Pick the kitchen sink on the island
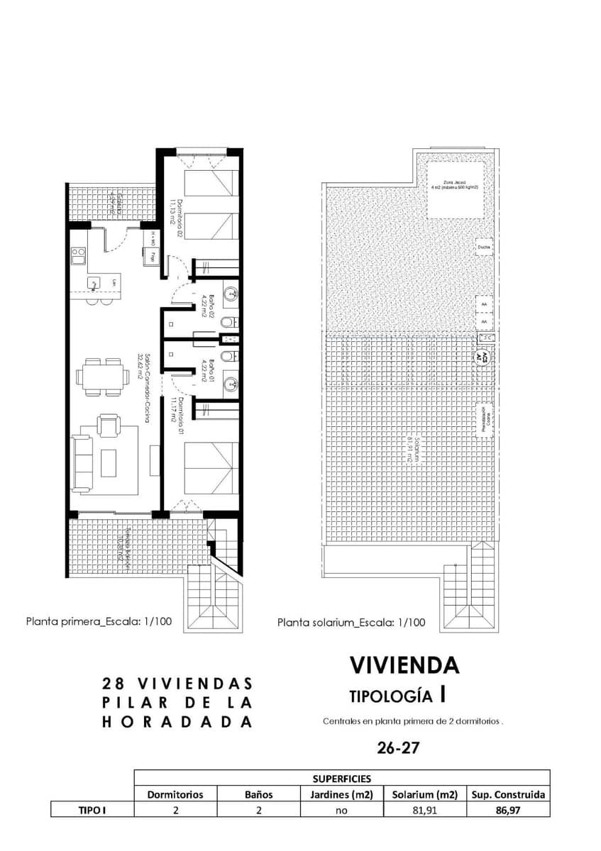point(94,283)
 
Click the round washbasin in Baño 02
point(230,291)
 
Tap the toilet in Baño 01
point(226,355)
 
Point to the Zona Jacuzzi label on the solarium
point(456,187)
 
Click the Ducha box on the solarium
point(484,247)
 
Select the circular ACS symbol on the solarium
point(482,357)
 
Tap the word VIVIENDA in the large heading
point(404,665)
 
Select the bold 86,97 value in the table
point(507,810)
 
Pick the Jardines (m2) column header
point(341,794)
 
